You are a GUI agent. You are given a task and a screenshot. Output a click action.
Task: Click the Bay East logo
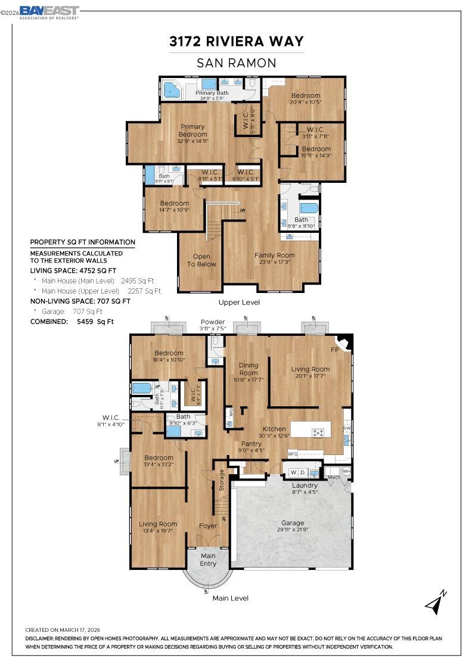tap(49, 13)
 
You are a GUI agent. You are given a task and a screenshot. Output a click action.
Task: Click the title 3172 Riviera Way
tap(237, 41)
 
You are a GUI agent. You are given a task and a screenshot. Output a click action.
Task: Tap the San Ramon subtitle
tap(237, 63)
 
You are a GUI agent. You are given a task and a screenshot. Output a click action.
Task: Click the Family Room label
tap(275, 258)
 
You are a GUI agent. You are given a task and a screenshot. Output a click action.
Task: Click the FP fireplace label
tap(335, 349)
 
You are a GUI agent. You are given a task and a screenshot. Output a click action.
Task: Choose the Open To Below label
tap(201, 260)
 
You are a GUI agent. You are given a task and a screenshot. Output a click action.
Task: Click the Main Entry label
tap(208, 560)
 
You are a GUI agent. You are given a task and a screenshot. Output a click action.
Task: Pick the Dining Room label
tap(249, 369)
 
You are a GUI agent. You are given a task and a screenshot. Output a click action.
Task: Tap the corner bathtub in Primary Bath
tap(173, 91)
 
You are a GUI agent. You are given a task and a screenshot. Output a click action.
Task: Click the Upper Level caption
tap(238, 303)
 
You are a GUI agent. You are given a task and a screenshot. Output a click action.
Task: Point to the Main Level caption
tap(231, 598)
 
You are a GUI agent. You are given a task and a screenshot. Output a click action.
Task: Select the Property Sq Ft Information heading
tap(82, 242)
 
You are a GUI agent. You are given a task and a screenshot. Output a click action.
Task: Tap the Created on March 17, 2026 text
tap(62, 629)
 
